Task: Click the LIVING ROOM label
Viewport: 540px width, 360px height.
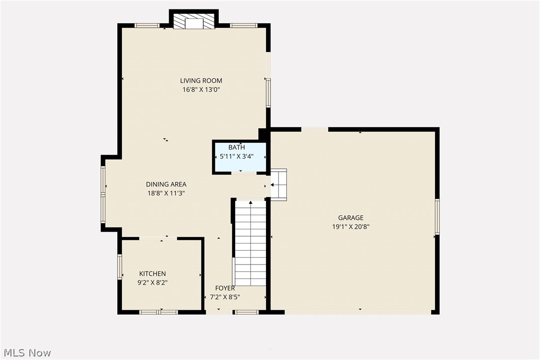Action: [x=201, y=81]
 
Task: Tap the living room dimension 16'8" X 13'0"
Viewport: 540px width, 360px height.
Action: [x=201, y=90]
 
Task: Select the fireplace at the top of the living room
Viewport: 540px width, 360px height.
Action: [x=194, y=22]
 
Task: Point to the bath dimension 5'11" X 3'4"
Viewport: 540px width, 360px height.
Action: [x=237, y=156]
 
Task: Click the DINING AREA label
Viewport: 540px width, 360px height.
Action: [x=166, y=184]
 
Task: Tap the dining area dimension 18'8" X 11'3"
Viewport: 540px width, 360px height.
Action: [x=166, y=193]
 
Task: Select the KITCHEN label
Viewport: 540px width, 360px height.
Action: [x=152, y=274]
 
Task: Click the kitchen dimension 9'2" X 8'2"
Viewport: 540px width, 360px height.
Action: [x=152, y=283]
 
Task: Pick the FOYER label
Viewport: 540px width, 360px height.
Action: [x=225, y=288]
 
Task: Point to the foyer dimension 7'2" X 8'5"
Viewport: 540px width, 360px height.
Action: [x=225, y=297]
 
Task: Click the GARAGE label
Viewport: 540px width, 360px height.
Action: [x=351, y=218]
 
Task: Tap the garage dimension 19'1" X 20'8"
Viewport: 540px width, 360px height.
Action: [x=351, y=227]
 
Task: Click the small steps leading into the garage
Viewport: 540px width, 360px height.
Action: [x=279, y=184]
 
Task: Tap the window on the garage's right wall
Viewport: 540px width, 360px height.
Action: [x=437, y=216]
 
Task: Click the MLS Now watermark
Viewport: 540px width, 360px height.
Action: [x=26, y=353]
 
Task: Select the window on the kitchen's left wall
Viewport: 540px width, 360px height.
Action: [x=119, y=267]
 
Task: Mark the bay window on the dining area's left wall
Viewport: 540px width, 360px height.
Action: [x=103, y=194]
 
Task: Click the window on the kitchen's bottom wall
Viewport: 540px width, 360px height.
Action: [x=158, y=312]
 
